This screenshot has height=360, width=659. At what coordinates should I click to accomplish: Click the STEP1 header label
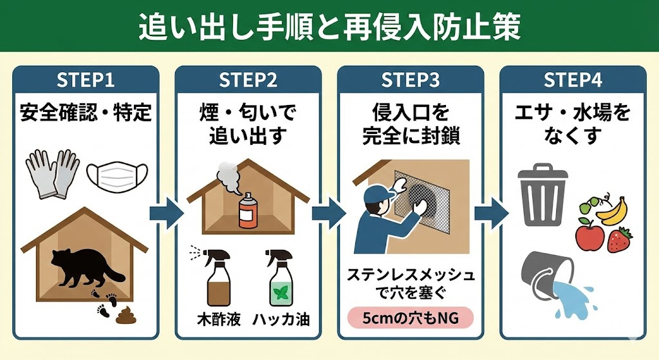pos(86,80)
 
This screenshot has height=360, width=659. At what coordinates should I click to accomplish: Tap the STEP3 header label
pos(410,80)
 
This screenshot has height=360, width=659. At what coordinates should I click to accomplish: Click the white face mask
pos(117,175)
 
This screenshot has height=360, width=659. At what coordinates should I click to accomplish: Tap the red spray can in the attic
pos(246,210)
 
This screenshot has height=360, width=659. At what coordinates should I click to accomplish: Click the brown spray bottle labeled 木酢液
pos(216,280)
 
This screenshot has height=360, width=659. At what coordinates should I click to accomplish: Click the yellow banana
pos(611,210)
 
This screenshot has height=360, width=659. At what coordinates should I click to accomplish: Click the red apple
pos(589,236)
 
